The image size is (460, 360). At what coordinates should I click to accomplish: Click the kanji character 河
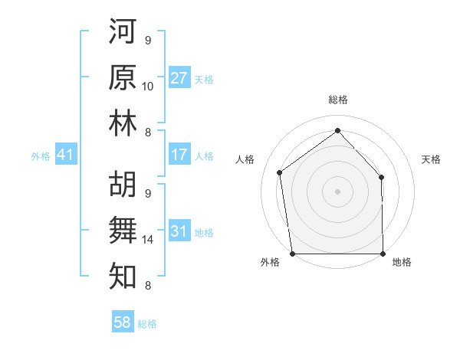(123, 34)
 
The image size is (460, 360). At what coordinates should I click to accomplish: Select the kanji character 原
(123, 78)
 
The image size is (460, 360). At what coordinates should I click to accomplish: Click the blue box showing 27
(179, 78)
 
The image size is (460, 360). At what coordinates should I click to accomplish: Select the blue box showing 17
(179, 155)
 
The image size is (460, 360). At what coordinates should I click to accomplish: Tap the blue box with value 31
(179, 231)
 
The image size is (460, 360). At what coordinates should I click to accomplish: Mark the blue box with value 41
(65, 155)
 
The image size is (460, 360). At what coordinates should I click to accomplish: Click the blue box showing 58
(123, 322)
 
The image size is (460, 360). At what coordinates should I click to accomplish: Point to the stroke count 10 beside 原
(148, 86)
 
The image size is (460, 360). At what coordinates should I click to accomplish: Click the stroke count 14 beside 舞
(148, 240)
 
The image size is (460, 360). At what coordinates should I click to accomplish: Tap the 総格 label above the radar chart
(337, 100)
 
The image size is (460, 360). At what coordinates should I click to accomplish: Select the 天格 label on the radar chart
(432, 159)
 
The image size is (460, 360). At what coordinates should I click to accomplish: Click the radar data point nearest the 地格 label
(383, 254)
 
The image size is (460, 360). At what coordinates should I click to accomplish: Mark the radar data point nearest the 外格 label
(292, 254)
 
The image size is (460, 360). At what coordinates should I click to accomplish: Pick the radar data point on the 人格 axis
(280, 172)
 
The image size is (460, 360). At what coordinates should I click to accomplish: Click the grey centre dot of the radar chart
(337, 191)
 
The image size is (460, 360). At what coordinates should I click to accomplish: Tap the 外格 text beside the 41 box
(41, 156)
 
